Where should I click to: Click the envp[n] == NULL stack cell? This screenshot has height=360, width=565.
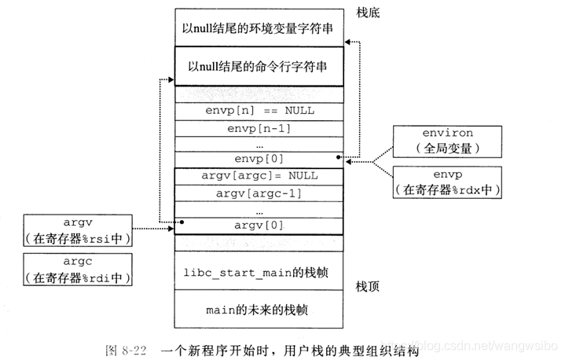(259, 111)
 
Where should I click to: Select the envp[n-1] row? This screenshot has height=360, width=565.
(259, 128)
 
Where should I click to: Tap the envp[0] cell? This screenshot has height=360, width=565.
(259, 160)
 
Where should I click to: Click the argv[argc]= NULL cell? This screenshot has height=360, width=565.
(259, 176)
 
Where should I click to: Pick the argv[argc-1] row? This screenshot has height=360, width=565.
(259, 193)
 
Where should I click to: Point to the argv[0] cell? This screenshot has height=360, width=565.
(259, 226)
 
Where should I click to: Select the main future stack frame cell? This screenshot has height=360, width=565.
(259, 309)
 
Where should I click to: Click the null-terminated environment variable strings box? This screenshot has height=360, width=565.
(259, 28)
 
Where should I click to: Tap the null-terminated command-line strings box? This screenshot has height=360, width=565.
(259, 67)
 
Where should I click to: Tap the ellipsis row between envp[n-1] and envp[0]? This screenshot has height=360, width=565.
(259, 145)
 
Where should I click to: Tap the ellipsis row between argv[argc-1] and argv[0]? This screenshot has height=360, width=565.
(259, 210)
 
